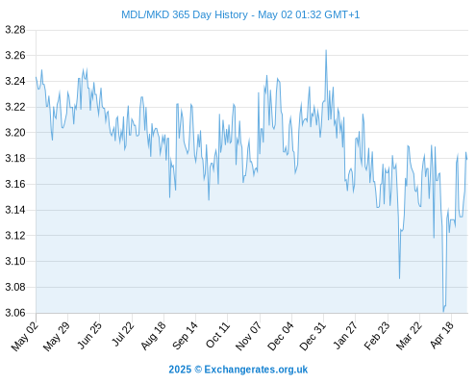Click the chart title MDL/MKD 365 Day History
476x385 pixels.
(x=185, y=14)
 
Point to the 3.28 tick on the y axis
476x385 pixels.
(x=15, y=30)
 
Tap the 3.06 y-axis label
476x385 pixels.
(x=15, y=313)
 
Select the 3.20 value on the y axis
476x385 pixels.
(x=15, y=133)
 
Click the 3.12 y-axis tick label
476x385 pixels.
(x=15, y=236)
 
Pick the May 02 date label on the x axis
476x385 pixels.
(x=25, y=336)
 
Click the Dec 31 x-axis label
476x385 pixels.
(x=313, y=336)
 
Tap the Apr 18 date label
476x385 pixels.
(x=441, y=335)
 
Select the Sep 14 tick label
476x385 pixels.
(x=185, y=336)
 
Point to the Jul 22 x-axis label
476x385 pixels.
(x=122, y=335)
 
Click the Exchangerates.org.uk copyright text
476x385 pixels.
(x=238, y=370)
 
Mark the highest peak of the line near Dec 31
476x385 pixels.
(x=326, y=50)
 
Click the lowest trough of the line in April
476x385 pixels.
(x=443, y=311)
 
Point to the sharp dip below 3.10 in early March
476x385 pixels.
(x=399, y=278)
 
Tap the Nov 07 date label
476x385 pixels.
(x=248, y=336)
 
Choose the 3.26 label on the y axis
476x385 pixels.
(x=15, y=56)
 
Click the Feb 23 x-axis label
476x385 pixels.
(x=377, y=336)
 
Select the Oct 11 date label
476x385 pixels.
(x=217, y=335)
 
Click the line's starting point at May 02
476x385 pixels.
(x=36, y=77)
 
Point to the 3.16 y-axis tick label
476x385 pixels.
(x=15, y=184)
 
